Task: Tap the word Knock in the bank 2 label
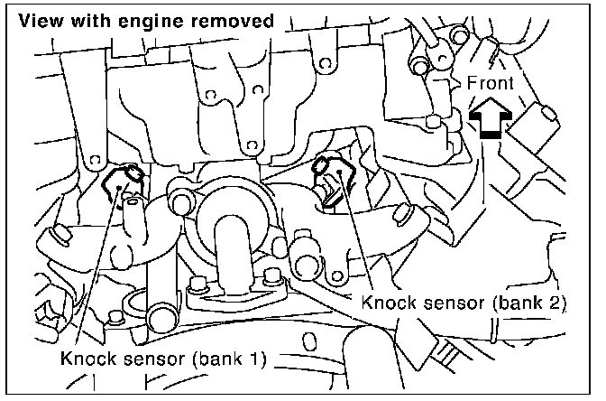387,303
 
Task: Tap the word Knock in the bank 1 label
86,359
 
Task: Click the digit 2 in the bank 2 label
554,303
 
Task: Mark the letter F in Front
472,84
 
